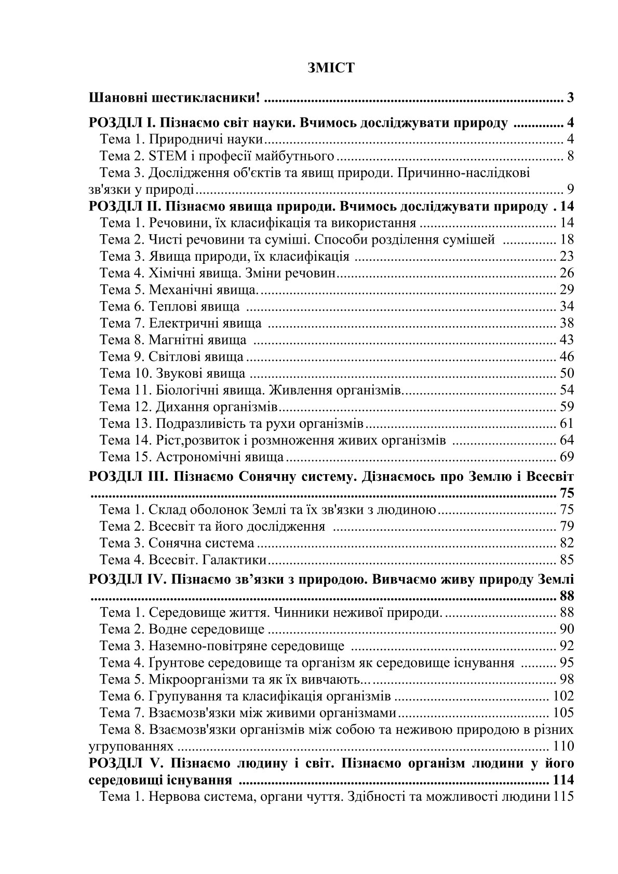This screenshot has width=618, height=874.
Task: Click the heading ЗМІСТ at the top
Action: click(x=331, y=68)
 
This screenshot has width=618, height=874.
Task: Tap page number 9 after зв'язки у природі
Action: click(x=570, y=189)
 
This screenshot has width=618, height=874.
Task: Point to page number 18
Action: click(x=567, y=239)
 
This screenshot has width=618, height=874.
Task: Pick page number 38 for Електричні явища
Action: click(x=567, y=323)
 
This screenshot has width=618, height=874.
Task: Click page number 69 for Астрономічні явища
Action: click(x=567, y=457)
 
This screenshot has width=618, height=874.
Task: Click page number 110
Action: click(x=563, y=746)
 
